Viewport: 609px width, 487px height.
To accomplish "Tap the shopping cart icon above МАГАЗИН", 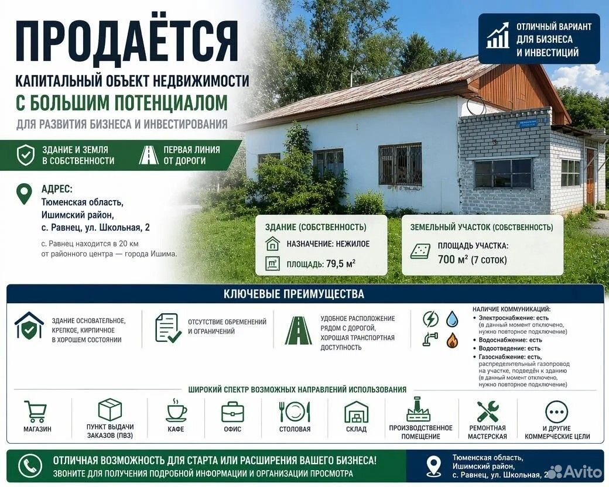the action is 36,411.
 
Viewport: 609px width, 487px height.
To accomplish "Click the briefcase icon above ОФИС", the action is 232,411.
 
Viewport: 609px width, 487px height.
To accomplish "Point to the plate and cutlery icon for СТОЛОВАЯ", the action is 295,411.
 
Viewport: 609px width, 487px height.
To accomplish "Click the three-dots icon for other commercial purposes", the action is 557,412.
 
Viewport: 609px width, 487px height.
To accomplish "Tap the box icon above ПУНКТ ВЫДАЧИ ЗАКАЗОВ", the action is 110,409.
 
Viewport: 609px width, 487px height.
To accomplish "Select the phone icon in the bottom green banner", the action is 30,466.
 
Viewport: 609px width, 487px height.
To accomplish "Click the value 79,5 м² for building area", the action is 341,264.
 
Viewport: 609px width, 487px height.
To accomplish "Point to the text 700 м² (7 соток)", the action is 473,259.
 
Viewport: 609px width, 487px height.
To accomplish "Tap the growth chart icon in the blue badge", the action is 498,36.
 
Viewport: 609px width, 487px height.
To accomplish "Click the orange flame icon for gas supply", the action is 452,340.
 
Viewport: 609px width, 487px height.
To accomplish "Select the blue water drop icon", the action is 452,319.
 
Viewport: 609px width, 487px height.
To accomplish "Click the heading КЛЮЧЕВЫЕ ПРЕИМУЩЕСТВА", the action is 294,294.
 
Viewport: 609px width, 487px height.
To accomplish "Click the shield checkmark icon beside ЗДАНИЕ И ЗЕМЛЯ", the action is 26,155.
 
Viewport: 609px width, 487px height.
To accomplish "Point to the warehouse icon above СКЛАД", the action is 356,412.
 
